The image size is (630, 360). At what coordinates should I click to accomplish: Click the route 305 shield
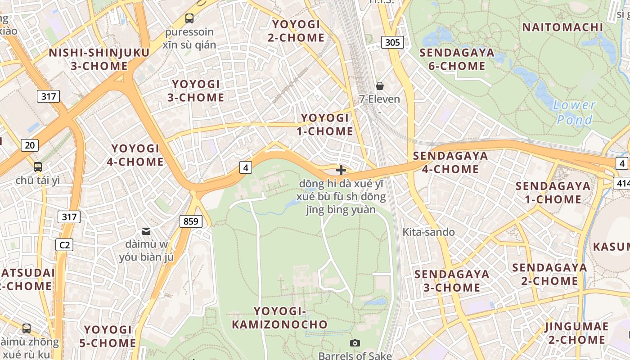click(x=392, y=43)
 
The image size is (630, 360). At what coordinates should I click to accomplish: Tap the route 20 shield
click(x=30, y=145)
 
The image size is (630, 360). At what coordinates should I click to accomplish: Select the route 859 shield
click(x=191, y=221)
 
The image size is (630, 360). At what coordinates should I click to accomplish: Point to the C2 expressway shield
click(x=64, y=245)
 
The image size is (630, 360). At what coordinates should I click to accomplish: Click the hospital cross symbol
click(x=341, y=170)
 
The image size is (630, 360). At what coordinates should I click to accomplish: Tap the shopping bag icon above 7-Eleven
click(x=380, y=85)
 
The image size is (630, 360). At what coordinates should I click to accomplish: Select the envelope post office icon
click(x=146, y=231)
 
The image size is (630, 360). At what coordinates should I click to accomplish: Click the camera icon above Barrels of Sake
click(x=355, y=343)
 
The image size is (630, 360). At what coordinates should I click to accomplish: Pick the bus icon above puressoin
click(x=189, y=18)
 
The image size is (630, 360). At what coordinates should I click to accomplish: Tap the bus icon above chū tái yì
click(x=38, y=167)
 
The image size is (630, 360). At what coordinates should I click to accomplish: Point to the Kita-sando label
click(x=428, y=232)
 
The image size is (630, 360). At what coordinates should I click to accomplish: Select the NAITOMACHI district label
click(x=562, y=27)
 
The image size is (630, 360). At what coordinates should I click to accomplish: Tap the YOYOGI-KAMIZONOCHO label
click(x=279, y=318)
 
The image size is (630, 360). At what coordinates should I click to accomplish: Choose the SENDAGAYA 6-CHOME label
click(x=457, y=59)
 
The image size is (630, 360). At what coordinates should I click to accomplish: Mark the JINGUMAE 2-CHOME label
click(x=576, y=333)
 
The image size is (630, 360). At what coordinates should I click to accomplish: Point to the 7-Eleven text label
click(x=379, y=99)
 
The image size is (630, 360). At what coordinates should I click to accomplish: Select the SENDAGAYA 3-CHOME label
click(x=452, y=281)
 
